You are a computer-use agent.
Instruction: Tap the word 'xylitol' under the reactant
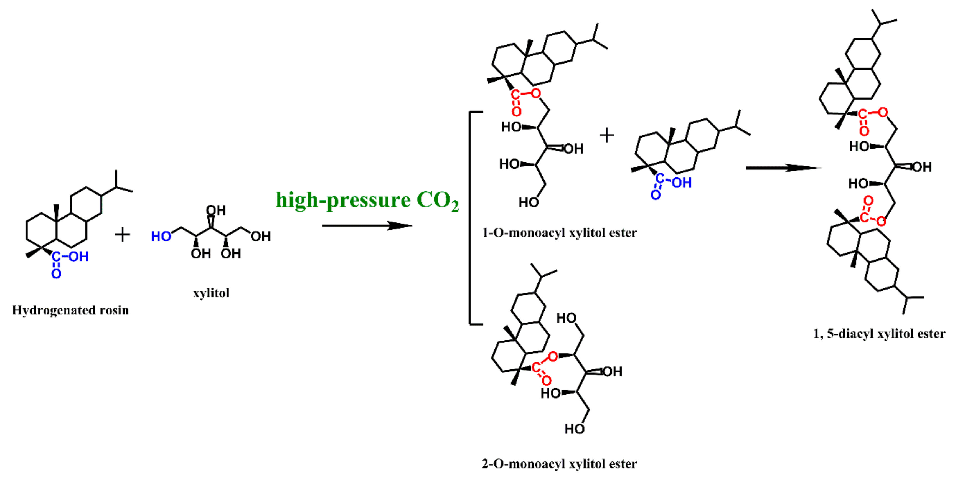[x=211, y=293]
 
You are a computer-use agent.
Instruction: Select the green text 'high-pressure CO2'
[x=367, y=201]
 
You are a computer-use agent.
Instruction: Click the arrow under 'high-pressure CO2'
[x=367, y=225]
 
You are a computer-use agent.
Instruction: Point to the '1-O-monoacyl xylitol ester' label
[x=559, y=233]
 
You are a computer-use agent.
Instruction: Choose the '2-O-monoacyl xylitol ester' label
[x=559, y=464]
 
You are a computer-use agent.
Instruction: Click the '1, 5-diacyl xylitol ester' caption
[x=879, y=334]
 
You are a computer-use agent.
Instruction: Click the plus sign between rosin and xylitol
[x=122, y=235]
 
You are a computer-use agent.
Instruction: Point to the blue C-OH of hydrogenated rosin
[x=70, y=257]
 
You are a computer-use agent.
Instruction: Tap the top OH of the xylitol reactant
[x=216, y=211]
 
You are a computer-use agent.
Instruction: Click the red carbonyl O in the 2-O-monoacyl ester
[x=546, y=380]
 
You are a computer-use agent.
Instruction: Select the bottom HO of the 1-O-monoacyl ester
[x=528, y=202]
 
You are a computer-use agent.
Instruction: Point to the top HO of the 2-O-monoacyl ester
[x=567, y=318]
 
